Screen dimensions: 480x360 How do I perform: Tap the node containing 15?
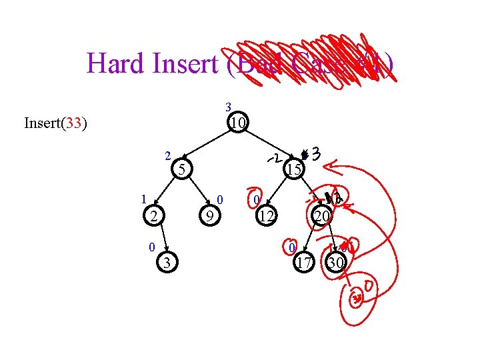click(293, 169)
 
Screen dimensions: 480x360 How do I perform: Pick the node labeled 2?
click(153, 215)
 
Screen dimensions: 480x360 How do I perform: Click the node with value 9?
click(209, 216)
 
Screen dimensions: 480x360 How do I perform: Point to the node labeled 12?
click(266, 216)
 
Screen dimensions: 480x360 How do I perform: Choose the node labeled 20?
click(322, 215)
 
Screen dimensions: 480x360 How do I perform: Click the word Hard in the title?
click(114, 64)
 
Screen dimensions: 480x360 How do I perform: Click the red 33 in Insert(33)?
click(73, 123)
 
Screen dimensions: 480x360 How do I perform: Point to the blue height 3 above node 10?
click(228, 107)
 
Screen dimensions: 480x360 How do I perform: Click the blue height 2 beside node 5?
click(168, 157)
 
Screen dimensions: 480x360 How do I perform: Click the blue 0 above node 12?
click(256, 199)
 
